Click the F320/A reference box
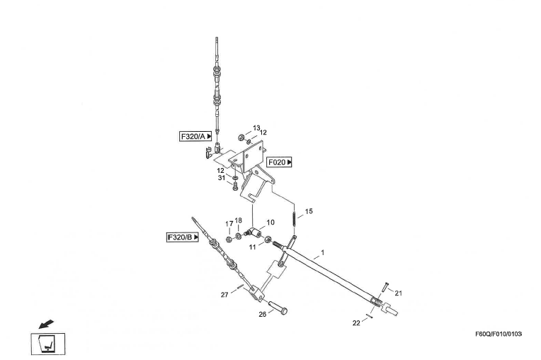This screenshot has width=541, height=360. [x=195, y=136]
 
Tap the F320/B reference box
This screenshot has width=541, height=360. [x=182, y=237]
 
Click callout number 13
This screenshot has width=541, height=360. [x=256, y=128]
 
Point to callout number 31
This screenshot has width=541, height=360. [x=222, y=178]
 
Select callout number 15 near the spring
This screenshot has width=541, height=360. [x=308, y=211]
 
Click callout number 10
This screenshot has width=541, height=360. [x=270, y=223]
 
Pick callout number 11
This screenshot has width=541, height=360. [x=253, y=247]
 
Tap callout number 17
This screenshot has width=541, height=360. [x=229, y=224]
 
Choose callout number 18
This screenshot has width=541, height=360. [x=239, y=220]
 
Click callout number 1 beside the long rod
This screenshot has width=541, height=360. [x=323, y=252]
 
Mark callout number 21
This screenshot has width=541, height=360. [x=398, y=293]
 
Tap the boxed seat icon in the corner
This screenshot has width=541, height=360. [x=47, y=344]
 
